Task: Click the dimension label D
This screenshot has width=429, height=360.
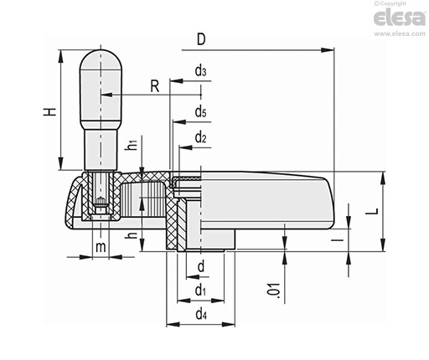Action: click(201, 39)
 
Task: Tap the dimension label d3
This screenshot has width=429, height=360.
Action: click(200, 70)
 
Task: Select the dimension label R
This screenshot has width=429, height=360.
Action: click(155, 86)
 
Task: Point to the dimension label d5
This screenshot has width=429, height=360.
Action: click(200, 111)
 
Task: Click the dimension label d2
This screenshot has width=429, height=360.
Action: click(200, 137)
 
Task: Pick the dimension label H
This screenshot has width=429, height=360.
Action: click(49, 111)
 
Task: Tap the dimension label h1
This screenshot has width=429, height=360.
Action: click(132, 145)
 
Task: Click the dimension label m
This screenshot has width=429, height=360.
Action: click(101, 247)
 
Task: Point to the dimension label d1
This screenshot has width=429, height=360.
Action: click(200, 290)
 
